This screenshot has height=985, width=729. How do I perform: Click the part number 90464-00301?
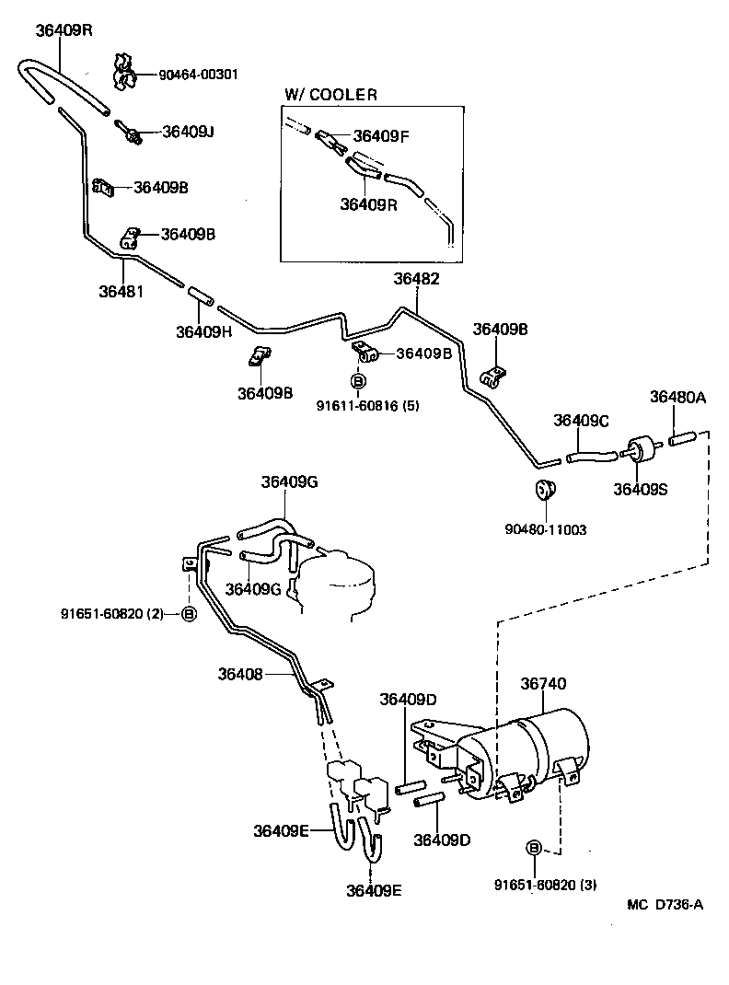point(198,75)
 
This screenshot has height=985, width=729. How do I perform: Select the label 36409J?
point(188,132)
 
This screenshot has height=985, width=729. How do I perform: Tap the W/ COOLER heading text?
point(330,95)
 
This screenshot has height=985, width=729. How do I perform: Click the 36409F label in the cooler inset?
point(381,136)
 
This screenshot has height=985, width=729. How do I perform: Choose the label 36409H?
point(203,331)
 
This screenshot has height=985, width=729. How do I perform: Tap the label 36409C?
point(581,420)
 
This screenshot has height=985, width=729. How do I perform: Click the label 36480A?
point(677,397)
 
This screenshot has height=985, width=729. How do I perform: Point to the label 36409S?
point(642,489)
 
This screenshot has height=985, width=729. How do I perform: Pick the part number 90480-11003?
point(546,529)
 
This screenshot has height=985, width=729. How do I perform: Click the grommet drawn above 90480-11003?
point(544,489)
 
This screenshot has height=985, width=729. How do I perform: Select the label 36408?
point(241,674)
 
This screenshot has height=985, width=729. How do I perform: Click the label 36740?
point(543,683)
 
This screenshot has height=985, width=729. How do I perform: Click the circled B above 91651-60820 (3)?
point(533,848)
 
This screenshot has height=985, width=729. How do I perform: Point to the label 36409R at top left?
point(64,29)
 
